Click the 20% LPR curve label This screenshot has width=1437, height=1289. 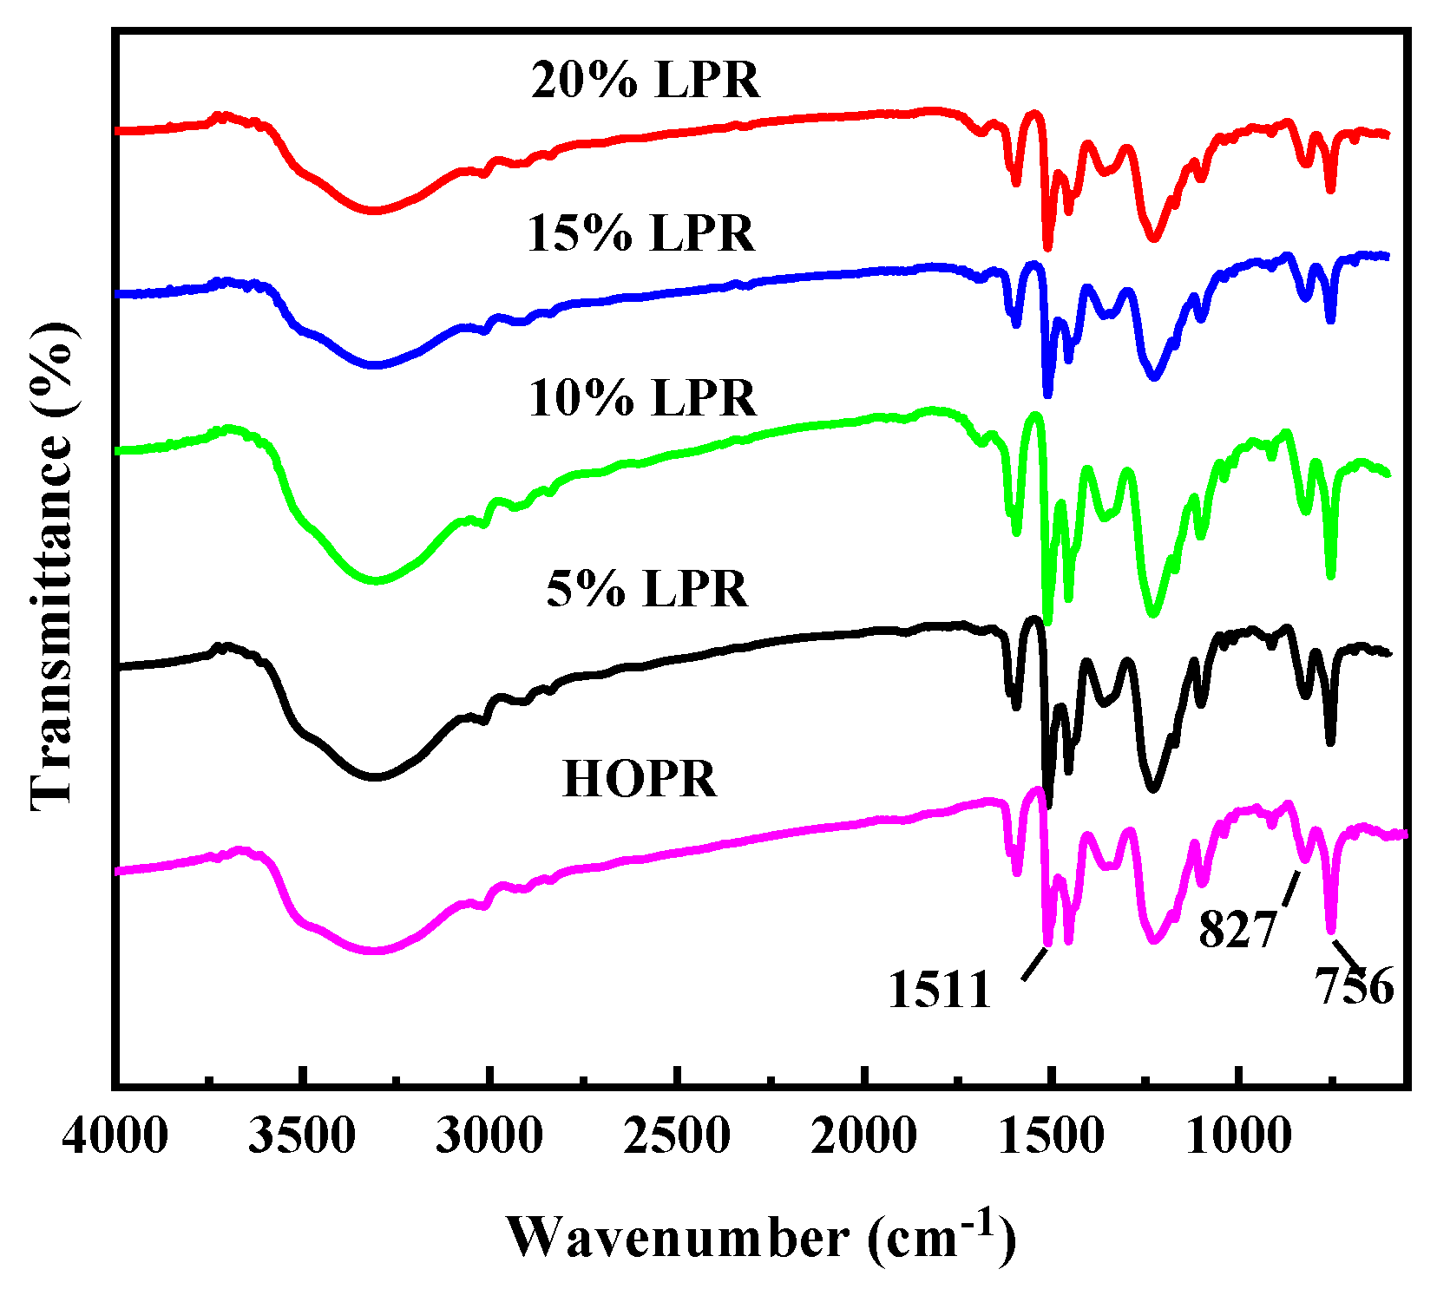click(x=646, y=80)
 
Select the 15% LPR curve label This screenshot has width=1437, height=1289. click(x=641, y=233)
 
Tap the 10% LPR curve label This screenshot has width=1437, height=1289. click(x=642, y=398)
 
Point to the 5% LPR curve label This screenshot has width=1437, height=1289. click(x=646, y=589)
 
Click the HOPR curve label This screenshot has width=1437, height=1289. click(x=640, y=778)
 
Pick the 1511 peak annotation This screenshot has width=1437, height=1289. click(x=939, y=989)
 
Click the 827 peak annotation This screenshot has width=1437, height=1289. click(x=1237, y=930)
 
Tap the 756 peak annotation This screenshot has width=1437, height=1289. click(x=1355, y=986)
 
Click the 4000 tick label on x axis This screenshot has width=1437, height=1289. click(x=115, y=1135)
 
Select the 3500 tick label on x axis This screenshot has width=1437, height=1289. click(x=301, y=1135)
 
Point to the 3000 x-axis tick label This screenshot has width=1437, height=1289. click(x=489, y=1135)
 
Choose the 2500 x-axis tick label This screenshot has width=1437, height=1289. click(x=677, y=1135)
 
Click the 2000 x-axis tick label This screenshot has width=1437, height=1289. click(x=864, y=1135)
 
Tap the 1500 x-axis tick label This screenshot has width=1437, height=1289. click(x=1051, y=1135)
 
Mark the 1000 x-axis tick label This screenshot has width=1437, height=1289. click(x=1238, y=1135)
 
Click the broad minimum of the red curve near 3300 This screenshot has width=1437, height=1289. click(x=374, y=210)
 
